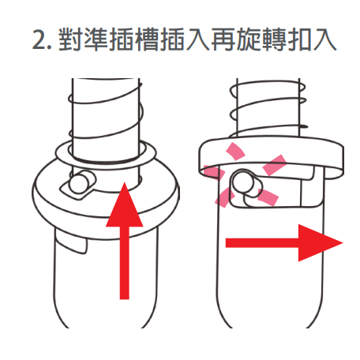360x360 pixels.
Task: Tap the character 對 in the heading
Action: coord(69,39)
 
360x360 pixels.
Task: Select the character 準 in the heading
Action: coord(96,39)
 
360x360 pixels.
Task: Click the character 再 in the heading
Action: coord(223,39)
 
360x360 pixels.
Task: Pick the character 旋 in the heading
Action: coord(249,39)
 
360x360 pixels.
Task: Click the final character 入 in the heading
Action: coord(325,39)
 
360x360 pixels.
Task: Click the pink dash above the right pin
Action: coord(236,152)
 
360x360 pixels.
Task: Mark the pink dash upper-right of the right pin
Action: coord(275,165)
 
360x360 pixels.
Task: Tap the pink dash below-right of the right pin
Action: coord(268,197)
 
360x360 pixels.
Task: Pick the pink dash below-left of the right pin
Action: coord(224,198)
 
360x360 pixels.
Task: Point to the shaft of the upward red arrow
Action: coord(125,263)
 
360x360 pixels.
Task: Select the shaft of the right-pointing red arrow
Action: coord(262,242)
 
